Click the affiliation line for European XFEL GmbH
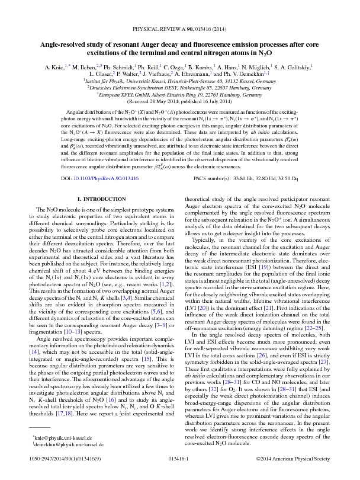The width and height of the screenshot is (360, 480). [x=180, y=94]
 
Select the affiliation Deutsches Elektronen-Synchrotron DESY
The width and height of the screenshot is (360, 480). [x=180, y=87]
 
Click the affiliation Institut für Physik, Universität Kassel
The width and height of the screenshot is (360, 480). [x=180, y=79]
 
